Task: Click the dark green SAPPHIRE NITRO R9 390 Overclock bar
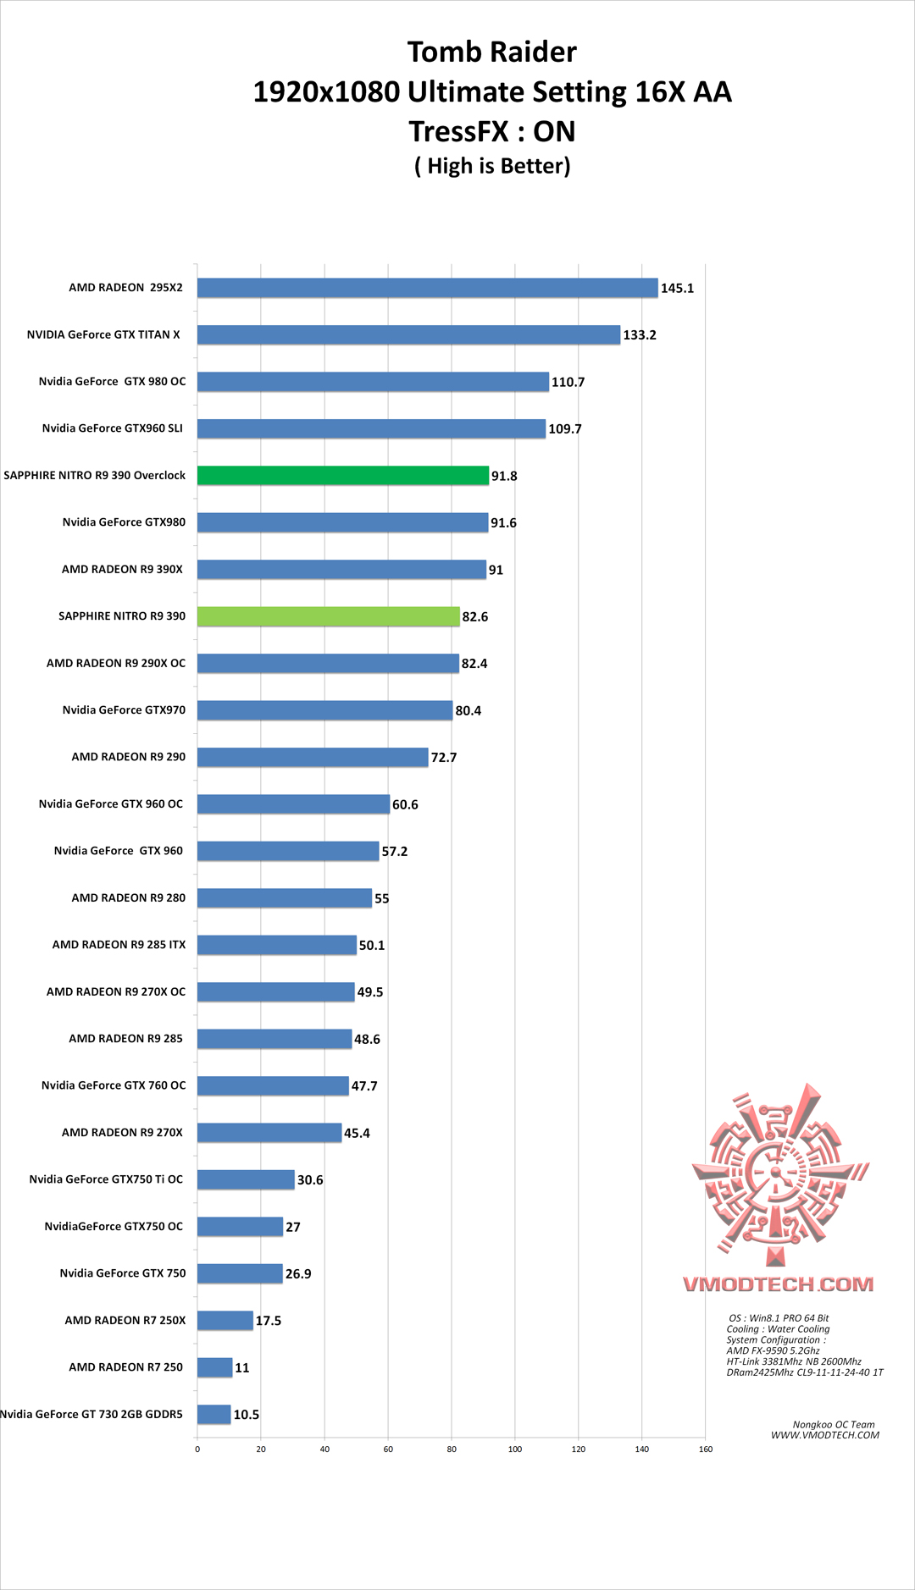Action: click(343, 476)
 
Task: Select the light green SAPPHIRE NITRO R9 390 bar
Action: click(329, 616)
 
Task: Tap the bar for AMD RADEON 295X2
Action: click(428, 288)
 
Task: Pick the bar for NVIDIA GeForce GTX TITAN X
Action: click(408, 335)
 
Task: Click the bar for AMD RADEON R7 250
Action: click(214, 1367)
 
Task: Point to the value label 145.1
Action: click(677, 289)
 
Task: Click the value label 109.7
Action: click(565, 429)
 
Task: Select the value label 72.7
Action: click(444, 758)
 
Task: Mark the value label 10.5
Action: click(247, 1415)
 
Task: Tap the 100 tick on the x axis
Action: click(515, 1449)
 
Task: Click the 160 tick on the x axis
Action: click(706, 1449)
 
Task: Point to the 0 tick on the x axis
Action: click(197, 1449)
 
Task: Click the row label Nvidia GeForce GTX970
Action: click(124, 710)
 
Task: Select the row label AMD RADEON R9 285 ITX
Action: click(119, 945)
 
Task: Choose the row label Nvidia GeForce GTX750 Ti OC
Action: click(106, 1179)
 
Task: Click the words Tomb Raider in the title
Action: click(492, 52)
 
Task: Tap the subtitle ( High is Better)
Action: click(492, 166)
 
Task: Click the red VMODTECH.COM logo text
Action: click(779, 1284)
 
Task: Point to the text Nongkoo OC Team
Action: click(834, 1424)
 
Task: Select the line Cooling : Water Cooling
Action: click(778, 1329)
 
